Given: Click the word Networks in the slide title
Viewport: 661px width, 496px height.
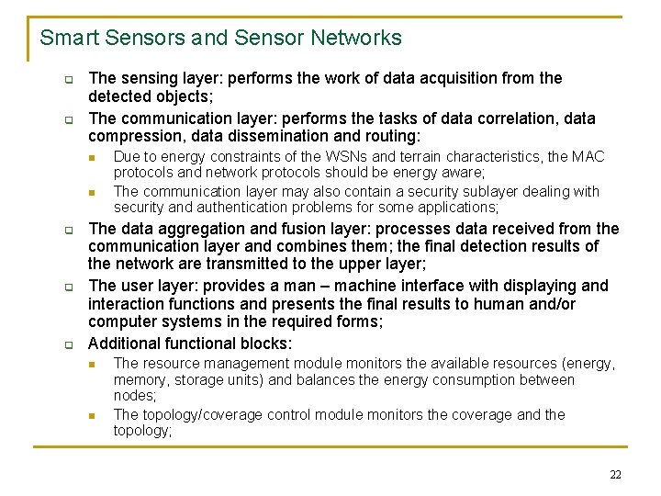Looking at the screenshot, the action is (x=359, y=38).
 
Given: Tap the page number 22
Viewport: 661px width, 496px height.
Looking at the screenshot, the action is (x=615, y=474).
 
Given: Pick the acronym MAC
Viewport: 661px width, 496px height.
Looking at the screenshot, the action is (x=588, y=156).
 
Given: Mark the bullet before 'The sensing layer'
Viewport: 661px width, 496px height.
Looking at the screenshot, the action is (x=68, y=79).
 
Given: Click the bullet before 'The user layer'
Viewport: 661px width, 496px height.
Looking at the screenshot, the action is (x=68, y=287).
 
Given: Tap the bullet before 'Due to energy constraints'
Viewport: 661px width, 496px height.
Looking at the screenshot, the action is (x=93, y=157).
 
